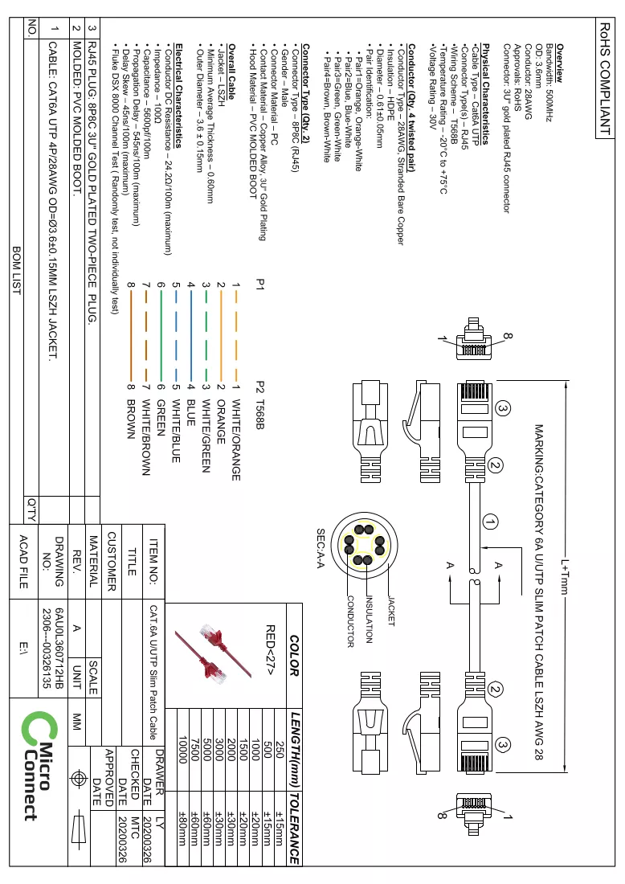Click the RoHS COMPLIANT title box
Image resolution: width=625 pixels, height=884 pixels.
[604, 78]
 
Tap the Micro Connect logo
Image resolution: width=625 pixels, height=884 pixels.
[39, 765]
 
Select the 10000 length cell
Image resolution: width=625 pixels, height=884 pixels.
[182, 749]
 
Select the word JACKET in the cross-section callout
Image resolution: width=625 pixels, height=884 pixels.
[391, 611]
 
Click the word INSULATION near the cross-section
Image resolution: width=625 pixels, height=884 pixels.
[370, 620]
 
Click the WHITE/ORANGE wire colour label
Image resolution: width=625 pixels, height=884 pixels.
[236, 440]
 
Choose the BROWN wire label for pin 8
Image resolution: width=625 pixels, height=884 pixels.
[131, 419]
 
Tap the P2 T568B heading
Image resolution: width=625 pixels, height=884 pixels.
[259, 405]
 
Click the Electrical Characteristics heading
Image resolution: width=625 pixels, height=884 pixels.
[178, 96]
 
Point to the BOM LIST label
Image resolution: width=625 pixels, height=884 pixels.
[17, 271]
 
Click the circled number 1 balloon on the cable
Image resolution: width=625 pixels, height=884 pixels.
[490, 522]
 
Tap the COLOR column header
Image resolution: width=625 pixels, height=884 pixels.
[294, 655]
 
